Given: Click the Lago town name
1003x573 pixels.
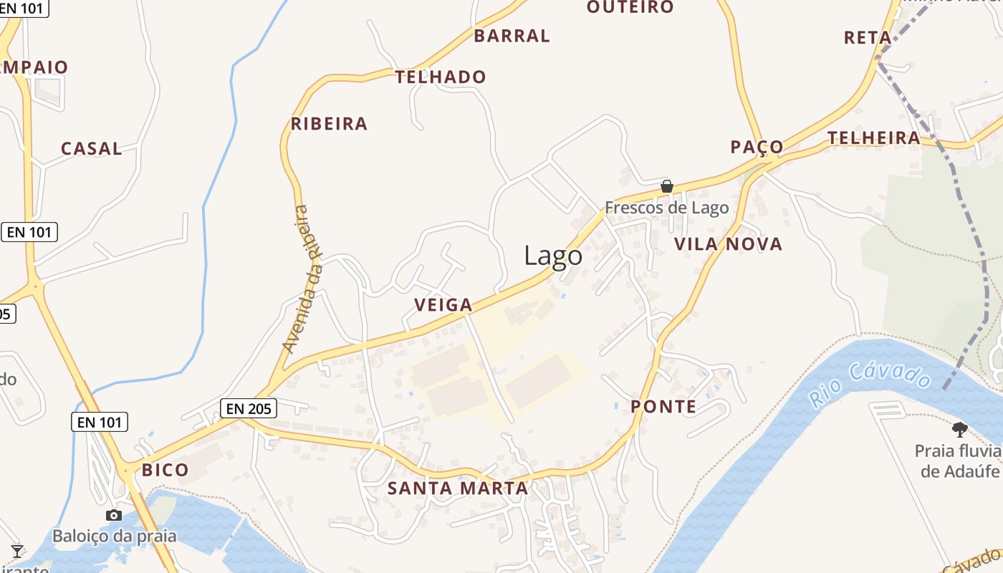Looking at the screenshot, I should [x=553, y=256].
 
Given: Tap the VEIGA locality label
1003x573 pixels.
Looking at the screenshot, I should [x=443, y=305].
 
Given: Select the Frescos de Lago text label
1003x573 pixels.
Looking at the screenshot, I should [x=666, y=208].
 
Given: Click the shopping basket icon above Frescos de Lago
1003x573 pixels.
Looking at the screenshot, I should [x=667, y=187].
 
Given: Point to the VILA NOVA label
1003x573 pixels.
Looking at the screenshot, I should [x=728, y=244].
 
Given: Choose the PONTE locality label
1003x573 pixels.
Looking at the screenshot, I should [x=663, y=407].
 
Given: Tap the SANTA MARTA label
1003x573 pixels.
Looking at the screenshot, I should [x=458, y=488].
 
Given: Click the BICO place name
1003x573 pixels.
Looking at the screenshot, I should [x=165, y=471].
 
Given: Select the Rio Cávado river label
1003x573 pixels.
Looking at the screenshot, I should [x=870, y=385].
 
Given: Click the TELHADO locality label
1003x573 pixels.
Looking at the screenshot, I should [x=441, y=77].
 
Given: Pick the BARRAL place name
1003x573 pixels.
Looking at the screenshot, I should [x=512, y=36].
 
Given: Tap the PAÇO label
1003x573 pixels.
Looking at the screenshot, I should [x=757, y=148].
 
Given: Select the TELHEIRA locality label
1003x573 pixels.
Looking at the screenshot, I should [x=874, y=138].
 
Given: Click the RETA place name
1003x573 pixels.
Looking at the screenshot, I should [x=868, y=38].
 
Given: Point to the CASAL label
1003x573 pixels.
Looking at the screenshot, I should [x=92, y=149].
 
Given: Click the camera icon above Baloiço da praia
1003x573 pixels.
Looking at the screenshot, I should [x=113, y=516].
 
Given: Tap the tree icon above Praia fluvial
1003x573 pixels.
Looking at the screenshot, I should [x=959, y=430].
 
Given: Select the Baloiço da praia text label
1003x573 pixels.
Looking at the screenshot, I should [x=114, y=536].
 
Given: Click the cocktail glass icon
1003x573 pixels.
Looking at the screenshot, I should [x=17, y=552].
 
